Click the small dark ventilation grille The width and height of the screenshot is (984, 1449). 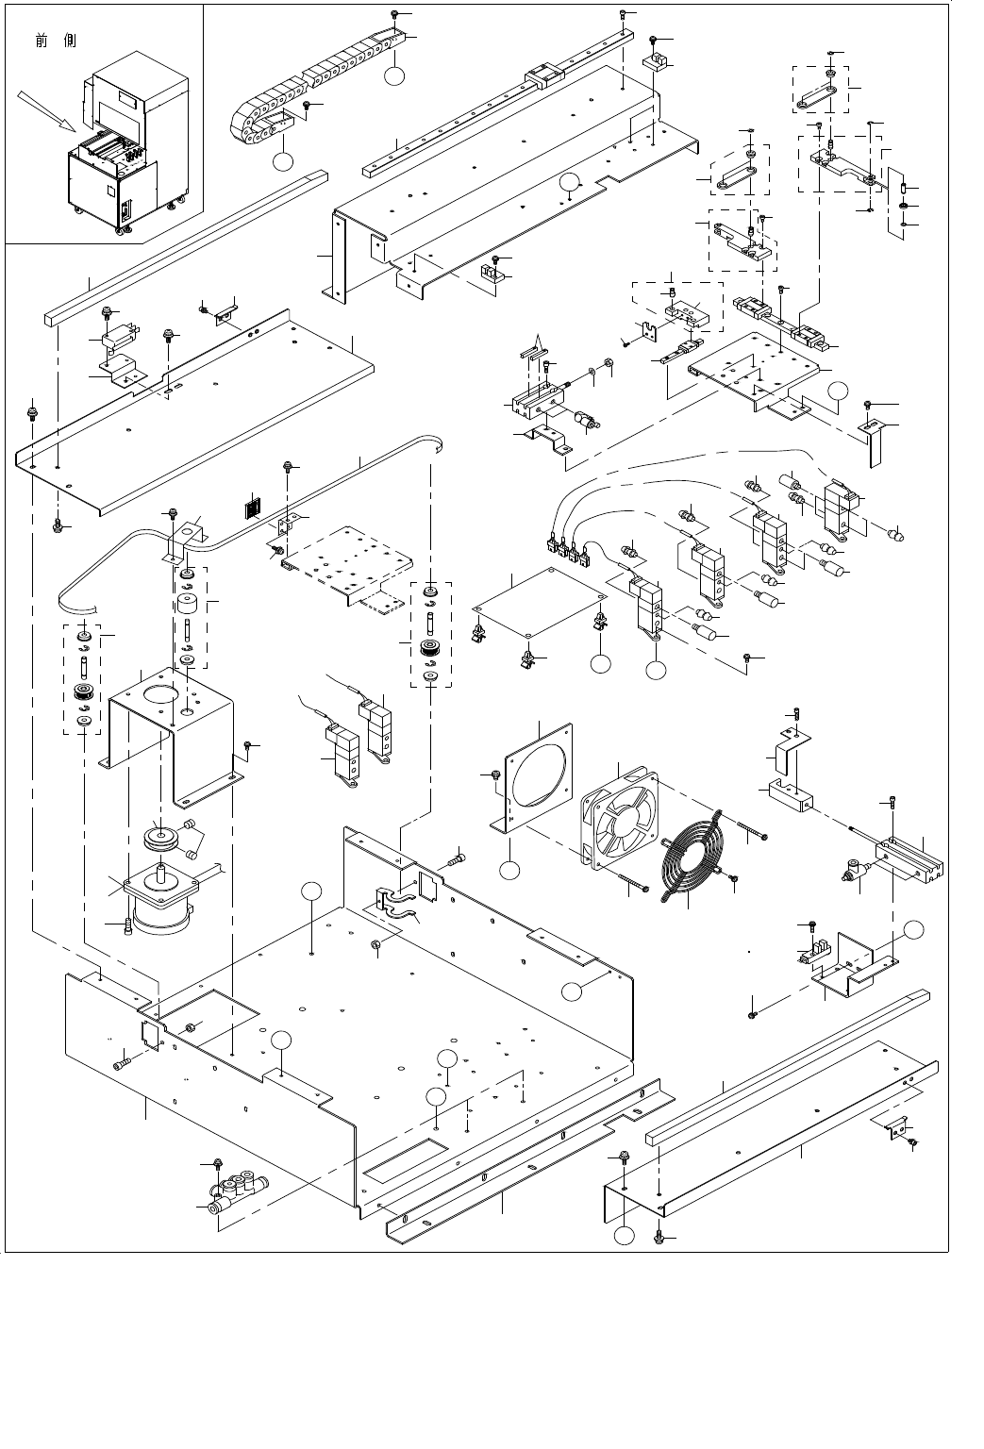pyautogui.click(x=251, y=510)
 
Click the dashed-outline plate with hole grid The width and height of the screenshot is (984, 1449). pyautogui.click(x=359, y=566)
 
